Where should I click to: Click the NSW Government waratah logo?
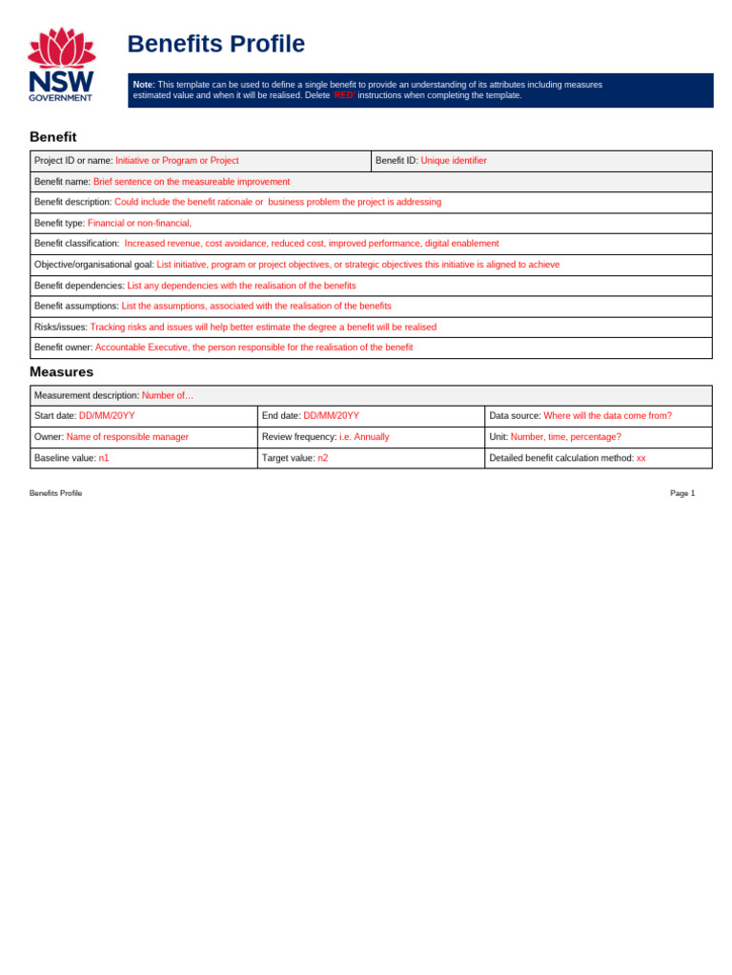tap(61, 64)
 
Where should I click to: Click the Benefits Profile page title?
tap(215, 44)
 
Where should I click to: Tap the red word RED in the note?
tap(343, 95)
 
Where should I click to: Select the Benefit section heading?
tap(52, 137)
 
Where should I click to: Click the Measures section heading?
tap(61, 372)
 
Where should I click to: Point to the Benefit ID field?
tap(540, 161)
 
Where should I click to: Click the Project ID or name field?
tap(200, 161)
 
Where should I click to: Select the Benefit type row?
tap(371, 223)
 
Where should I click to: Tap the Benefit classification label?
tap(76, 244)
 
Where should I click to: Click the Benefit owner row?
tap(371, 348)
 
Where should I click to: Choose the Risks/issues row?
tap(371, 327)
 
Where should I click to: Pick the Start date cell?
tap(143, 416)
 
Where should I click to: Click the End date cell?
tap(371, 416)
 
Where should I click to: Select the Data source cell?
tap(598, 416)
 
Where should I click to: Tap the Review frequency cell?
tap(371, 437)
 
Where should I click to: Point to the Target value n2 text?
tap(322, 458)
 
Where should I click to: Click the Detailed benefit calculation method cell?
tap(598, 458)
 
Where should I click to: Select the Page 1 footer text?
tap(682, 493)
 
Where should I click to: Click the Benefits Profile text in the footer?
tap(55, 493)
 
